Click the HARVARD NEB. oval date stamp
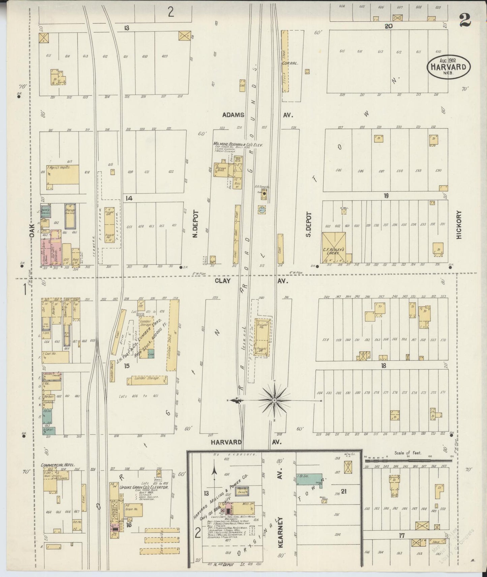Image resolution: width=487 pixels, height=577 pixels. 449,67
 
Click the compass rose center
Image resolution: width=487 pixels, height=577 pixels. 274,400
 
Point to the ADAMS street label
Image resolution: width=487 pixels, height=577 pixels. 233,115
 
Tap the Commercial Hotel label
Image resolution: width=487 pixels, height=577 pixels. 58,465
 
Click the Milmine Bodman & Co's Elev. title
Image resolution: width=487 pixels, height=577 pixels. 238,144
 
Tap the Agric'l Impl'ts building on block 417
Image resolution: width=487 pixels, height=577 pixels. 63,174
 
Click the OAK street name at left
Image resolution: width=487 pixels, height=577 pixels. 32,230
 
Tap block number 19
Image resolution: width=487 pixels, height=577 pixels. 386,196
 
